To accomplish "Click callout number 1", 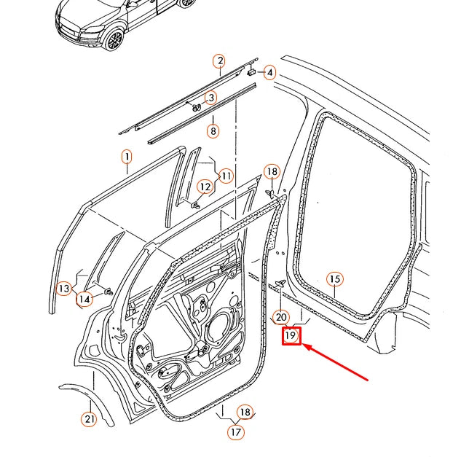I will [126, 157].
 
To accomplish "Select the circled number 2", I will [218, 61].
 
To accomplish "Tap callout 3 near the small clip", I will [210, 98].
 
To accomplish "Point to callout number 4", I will [269, 72].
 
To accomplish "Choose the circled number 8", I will [213, 132].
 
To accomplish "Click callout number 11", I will [226, 176].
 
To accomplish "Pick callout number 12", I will [205, 187].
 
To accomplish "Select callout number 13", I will [64, 289].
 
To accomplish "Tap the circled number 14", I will [85, 297].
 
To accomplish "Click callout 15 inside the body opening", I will [334, 279].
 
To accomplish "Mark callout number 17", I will [235, 432].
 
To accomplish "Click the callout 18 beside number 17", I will [245, 413].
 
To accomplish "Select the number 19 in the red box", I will [291, 335].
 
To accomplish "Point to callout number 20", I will [281, 317].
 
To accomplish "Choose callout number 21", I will [88, 418].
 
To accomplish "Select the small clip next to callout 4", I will [253, 72].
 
